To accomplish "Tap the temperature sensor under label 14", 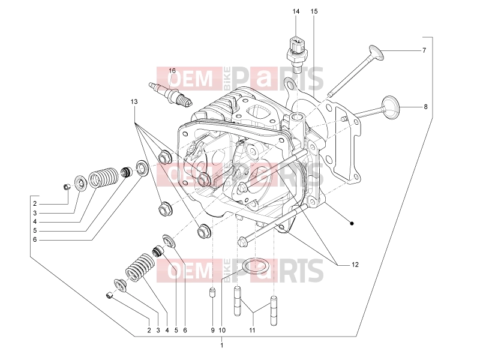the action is pyautogui.click(x=296, y=54).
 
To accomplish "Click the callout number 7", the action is pyautogui.click(x=424, y=50).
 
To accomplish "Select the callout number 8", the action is pyautogui.click(x=425, y=107).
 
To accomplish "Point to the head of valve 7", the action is pyautogui.click(x=376, y=52).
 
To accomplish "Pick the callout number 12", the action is pyautogui.click(x=355, y=265).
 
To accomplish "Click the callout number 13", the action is pyautogui.click(x=134, y=101).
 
